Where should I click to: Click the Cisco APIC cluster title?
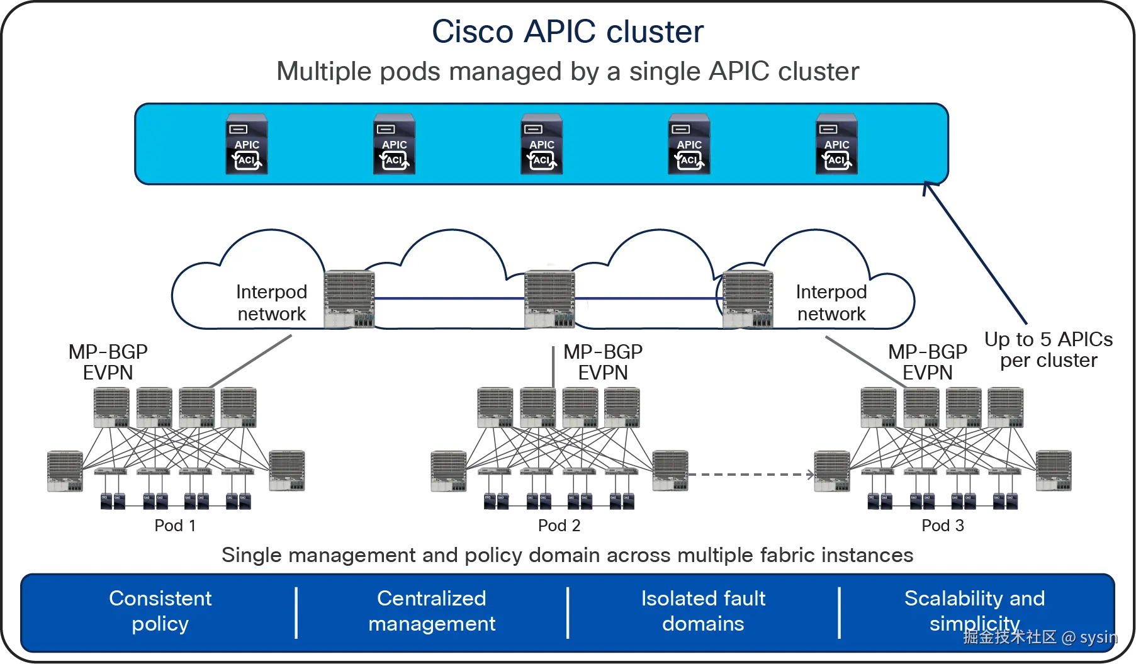[x=568, y=31]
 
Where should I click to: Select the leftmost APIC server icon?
[x=247, y=144]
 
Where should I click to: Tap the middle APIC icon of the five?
[x=541, y=144]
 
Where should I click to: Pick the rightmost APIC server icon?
[x=836, y=144]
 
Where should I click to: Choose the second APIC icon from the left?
[x=394, y=144]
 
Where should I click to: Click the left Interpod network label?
[x=271, y=303]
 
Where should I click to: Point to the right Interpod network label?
[x=831, y=303]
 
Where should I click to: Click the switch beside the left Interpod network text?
[x=349, y=298]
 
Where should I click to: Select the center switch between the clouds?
[x=549, y=298]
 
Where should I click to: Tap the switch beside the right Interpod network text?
[x=748, y=298]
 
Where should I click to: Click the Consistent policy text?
[x=160, y=611]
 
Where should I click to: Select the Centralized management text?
[x=432, y=611]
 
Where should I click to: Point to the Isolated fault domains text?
[x=703, y=611]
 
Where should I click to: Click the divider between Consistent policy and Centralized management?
[x=296, y=612]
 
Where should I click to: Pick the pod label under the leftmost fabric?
[x=174, y=526]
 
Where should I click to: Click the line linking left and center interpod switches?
[x=449, y=298]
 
